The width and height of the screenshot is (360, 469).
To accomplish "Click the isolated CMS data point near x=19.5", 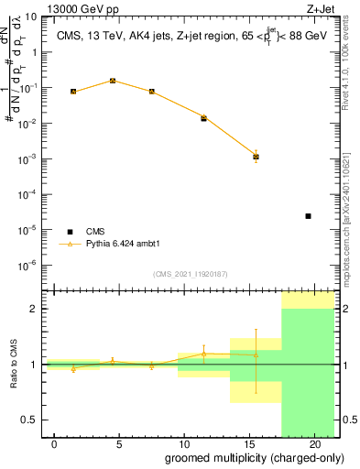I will (308, 216).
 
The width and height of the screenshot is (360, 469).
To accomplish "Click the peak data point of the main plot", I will (112, 81).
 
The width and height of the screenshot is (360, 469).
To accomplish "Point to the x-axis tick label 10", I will (184, 444).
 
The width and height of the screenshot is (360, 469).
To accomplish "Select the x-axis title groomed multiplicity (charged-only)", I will (242, 458).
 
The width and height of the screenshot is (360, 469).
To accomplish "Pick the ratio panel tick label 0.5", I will (29, 420).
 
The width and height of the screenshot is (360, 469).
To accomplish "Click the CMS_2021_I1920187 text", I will (190, 274).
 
